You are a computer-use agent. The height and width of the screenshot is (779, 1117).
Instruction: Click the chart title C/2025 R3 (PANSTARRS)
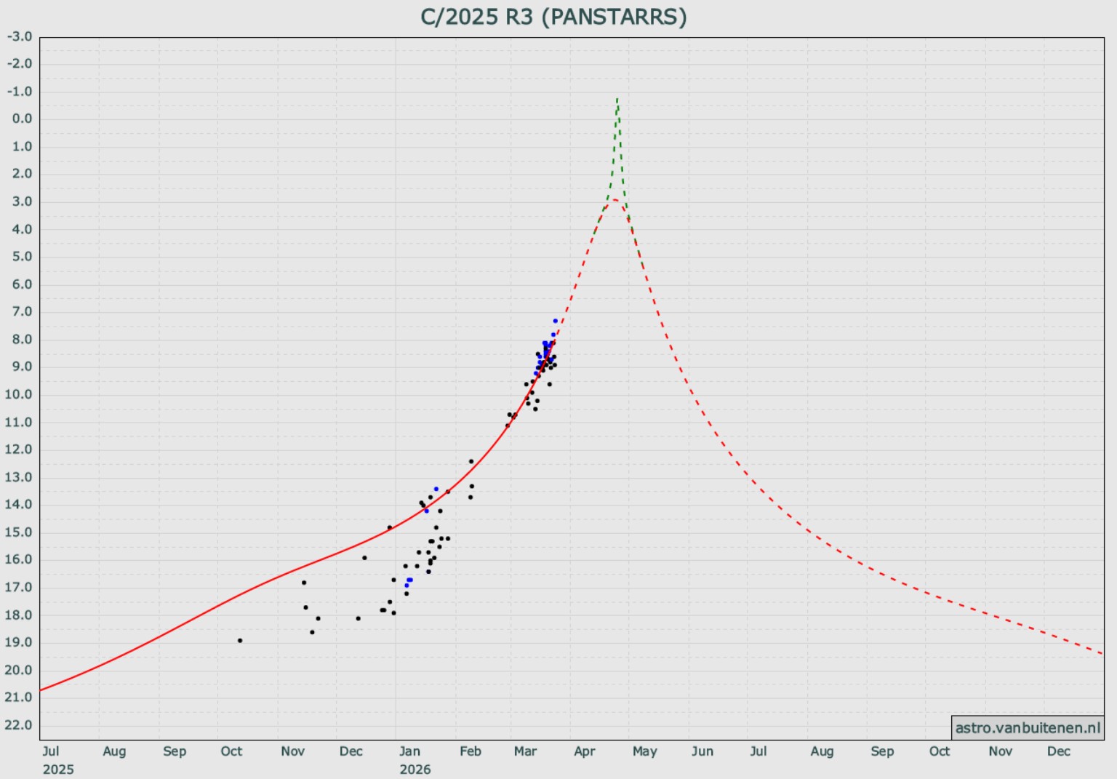click(553, 17)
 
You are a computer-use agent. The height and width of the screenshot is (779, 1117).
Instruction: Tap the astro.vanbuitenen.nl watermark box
click(1027, 727)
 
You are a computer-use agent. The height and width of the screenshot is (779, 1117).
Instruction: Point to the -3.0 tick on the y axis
click(20, 36)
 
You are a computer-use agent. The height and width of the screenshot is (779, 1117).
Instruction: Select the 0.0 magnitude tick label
click(22, 119)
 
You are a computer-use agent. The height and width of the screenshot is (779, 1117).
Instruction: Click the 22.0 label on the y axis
click(19, 724)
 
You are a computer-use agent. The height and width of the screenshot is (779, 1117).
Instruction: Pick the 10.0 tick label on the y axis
click(19, 394)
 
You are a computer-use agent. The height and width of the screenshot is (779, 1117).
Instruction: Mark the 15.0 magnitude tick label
click(19, 532)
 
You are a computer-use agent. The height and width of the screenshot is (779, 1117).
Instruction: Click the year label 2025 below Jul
click(58, 769)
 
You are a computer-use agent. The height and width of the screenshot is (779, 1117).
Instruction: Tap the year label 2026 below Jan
click(415, 769)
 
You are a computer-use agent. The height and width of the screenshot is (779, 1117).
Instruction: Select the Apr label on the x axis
click(585, 751)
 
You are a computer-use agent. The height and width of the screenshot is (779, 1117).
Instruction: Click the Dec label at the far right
click(1058, 751)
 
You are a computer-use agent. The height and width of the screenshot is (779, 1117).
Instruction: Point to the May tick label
click(644, 751)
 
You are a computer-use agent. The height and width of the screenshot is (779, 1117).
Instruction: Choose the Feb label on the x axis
click(471, 751)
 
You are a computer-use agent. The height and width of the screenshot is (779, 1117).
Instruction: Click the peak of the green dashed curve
click(617, 98)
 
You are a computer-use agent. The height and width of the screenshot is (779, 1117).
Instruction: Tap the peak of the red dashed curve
click(615, 199)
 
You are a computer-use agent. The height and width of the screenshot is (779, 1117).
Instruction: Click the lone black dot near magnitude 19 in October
click(240, 641)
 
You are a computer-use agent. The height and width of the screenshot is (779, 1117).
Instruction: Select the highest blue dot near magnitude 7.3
click(556, 321)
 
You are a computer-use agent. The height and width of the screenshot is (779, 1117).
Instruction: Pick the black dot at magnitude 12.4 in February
click(471, 461)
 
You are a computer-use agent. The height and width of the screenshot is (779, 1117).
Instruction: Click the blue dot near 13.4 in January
click(436, 489)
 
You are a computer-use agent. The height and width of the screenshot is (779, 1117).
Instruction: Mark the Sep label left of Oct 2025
click(175, 751)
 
